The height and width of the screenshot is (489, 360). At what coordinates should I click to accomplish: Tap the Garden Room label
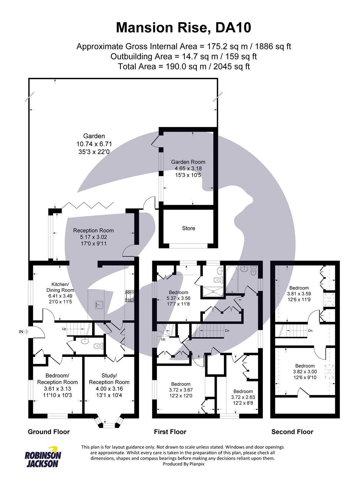[x=188, y=162]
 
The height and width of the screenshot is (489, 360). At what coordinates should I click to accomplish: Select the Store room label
[x=188, y=228]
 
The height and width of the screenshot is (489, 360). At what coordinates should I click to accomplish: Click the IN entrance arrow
[x=24, y=331]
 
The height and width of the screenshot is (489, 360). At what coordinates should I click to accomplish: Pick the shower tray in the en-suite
[x=212, y=292]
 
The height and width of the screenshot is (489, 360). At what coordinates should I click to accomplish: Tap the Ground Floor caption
[x=49, y=432]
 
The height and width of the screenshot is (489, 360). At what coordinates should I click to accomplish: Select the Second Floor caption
[x=292, y=432]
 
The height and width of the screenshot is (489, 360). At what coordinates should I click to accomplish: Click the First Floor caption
[x=170, y=432]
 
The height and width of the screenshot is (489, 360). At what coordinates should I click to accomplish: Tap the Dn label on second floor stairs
[x=310, y=331]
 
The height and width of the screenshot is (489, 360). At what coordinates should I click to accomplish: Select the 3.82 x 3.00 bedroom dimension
[x=305, y=372]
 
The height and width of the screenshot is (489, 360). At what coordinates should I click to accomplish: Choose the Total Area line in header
[x=184, y=66]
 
